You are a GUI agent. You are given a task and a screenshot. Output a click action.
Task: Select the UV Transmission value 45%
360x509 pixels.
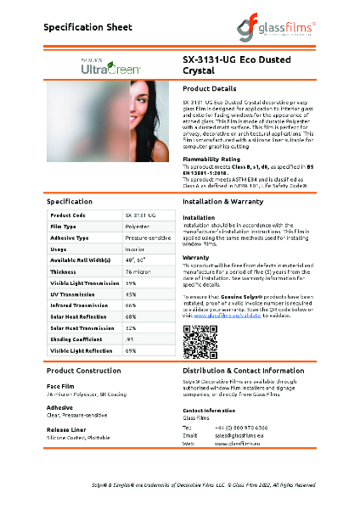point(131,294)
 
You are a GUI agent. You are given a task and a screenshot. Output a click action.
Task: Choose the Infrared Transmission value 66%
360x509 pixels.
point(131,305)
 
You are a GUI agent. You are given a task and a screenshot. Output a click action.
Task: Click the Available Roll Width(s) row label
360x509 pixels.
point(82,260)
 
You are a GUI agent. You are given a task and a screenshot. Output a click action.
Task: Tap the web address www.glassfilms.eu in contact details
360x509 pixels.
point(233,443)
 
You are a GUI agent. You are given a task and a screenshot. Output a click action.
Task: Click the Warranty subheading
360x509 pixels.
point(196,256)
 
